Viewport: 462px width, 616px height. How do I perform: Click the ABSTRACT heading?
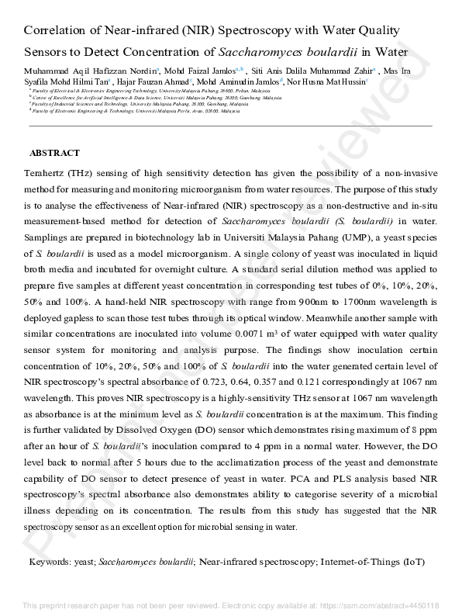click(54, 154)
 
